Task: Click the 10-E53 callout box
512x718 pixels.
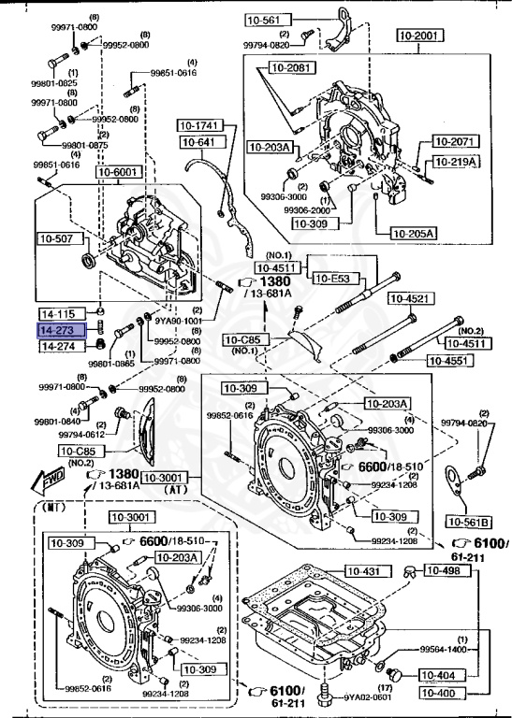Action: click(x=331, y=278)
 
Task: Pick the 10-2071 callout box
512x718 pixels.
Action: click(x=455, y=141)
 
